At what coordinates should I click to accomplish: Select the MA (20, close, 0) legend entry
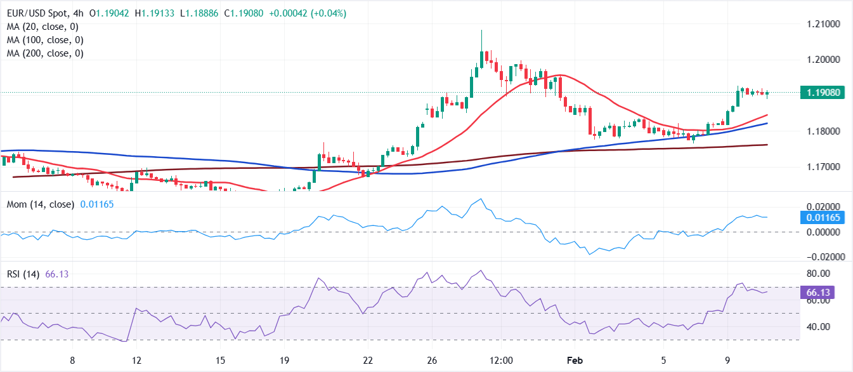point(43,27)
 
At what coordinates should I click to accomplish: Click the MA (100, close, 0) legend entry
point(46,40)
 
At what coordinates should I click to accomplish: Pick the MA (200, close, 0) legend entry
point(46,53)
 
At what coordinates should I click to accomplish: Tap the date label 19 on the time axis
point(284,361)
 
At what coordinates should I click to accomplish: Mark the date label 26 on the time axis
point(433,361)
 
